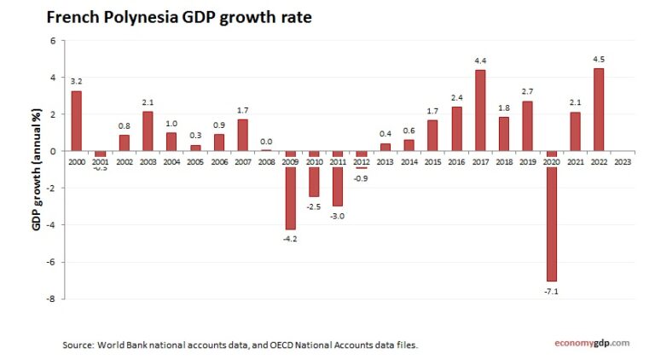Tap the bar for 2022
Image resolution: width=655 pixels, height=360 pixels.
pyautogui.click(x=599, y=109)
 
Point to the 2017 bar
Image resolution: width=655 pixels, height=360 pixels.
pyautogui.click(x=480, y=110)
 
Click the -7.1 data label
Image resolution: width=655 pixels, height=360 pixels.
pyautogui.click(x=551, y=291)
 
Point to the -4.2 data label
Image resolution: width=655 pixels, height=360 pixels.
pyautogui.click(x=290, y=238)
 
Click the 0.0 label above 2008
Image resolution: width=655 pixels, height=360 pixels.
pyautogui.click(x=266, y=142)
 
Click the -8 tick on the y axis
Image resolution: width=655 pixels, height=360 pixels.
pyautogui.click(x=52, y=299)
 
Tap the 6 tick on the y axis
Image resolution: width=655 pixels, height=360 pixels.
pyautogui.click(x=53, y=41)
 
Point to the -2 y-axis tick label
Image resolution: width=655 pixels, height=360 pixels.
pyautogui.click(x=52, y=188)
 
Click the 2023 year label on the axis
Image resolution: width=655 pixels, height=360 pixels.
pyautogui.click(x=623, y=161)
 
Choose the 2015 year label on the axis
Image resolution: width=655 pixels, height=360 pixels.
pyautogui.click(x=432, y=161)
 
